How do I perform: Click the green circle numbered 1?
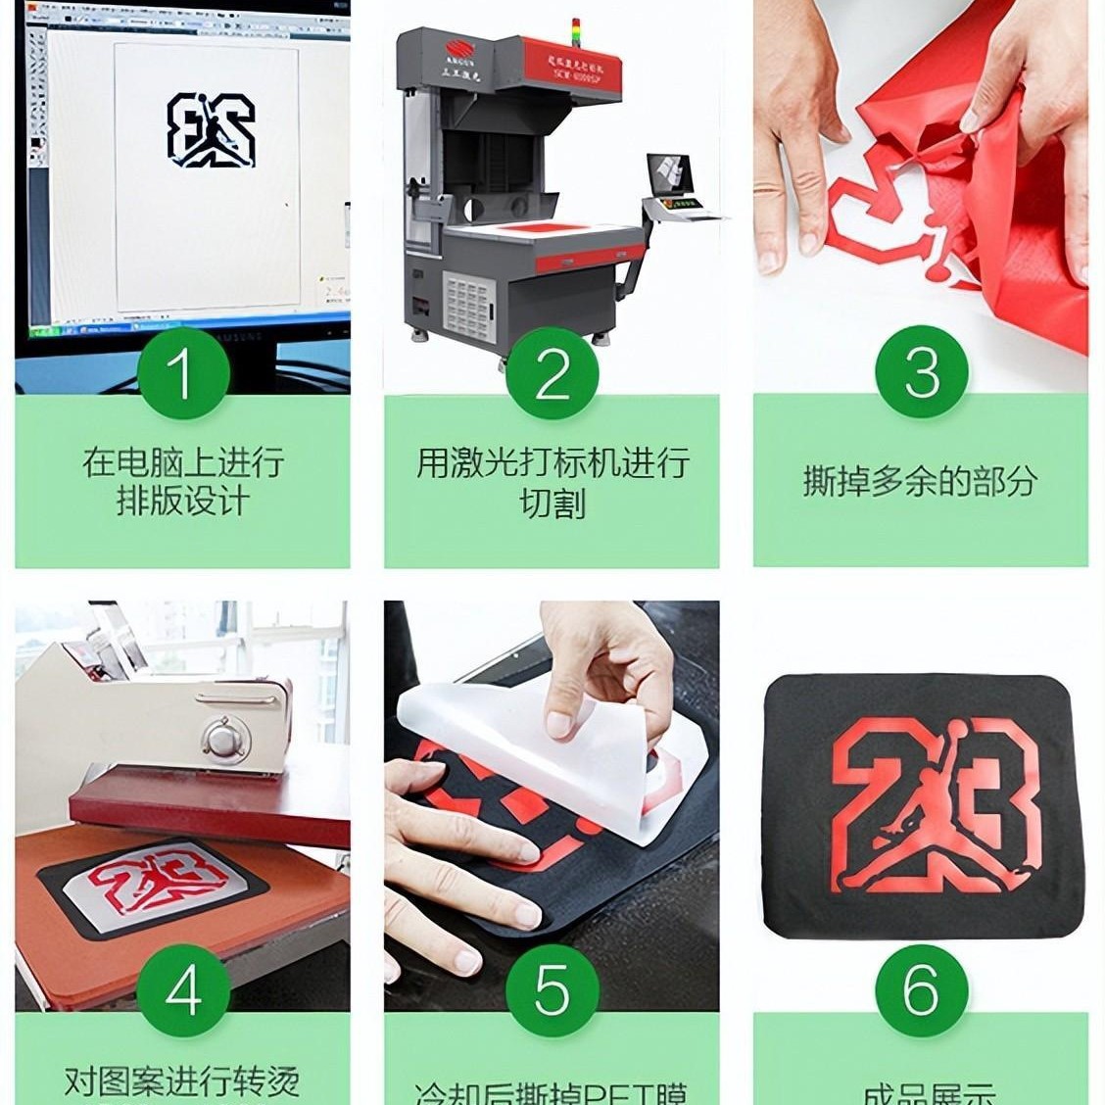pyautogui.click(x=182, y=372)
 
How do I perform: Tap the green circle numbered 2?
pyautogui.click(x=552, y=372)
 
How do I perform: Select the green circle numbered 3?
pyautogui.click(x=921, y=372)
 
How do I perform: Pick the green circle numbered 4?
pyautogui.click(x=182, y=989)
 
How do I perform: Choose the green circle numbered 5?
pyautogui.click(x=552, y=989)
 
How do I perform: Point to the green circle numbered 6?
pyautogui.click(x=921, y=989)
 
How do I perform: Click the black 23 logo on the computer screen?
pyautogui.click(x=211, y=129)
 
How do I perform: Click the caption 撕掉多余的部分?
pyautogui.click(x=920, y=481)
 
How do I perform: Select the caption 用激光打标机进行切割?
pyautogui.click(x=552, y=482)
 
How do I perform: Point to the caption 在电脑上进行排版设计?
pyautogui.click(x=182, y=481)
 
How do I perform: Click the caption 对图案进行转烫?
pyautogui.click(x=182, y=1081)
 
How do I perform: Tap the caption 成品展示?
pyautogui.click(x=920, y=1092)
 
